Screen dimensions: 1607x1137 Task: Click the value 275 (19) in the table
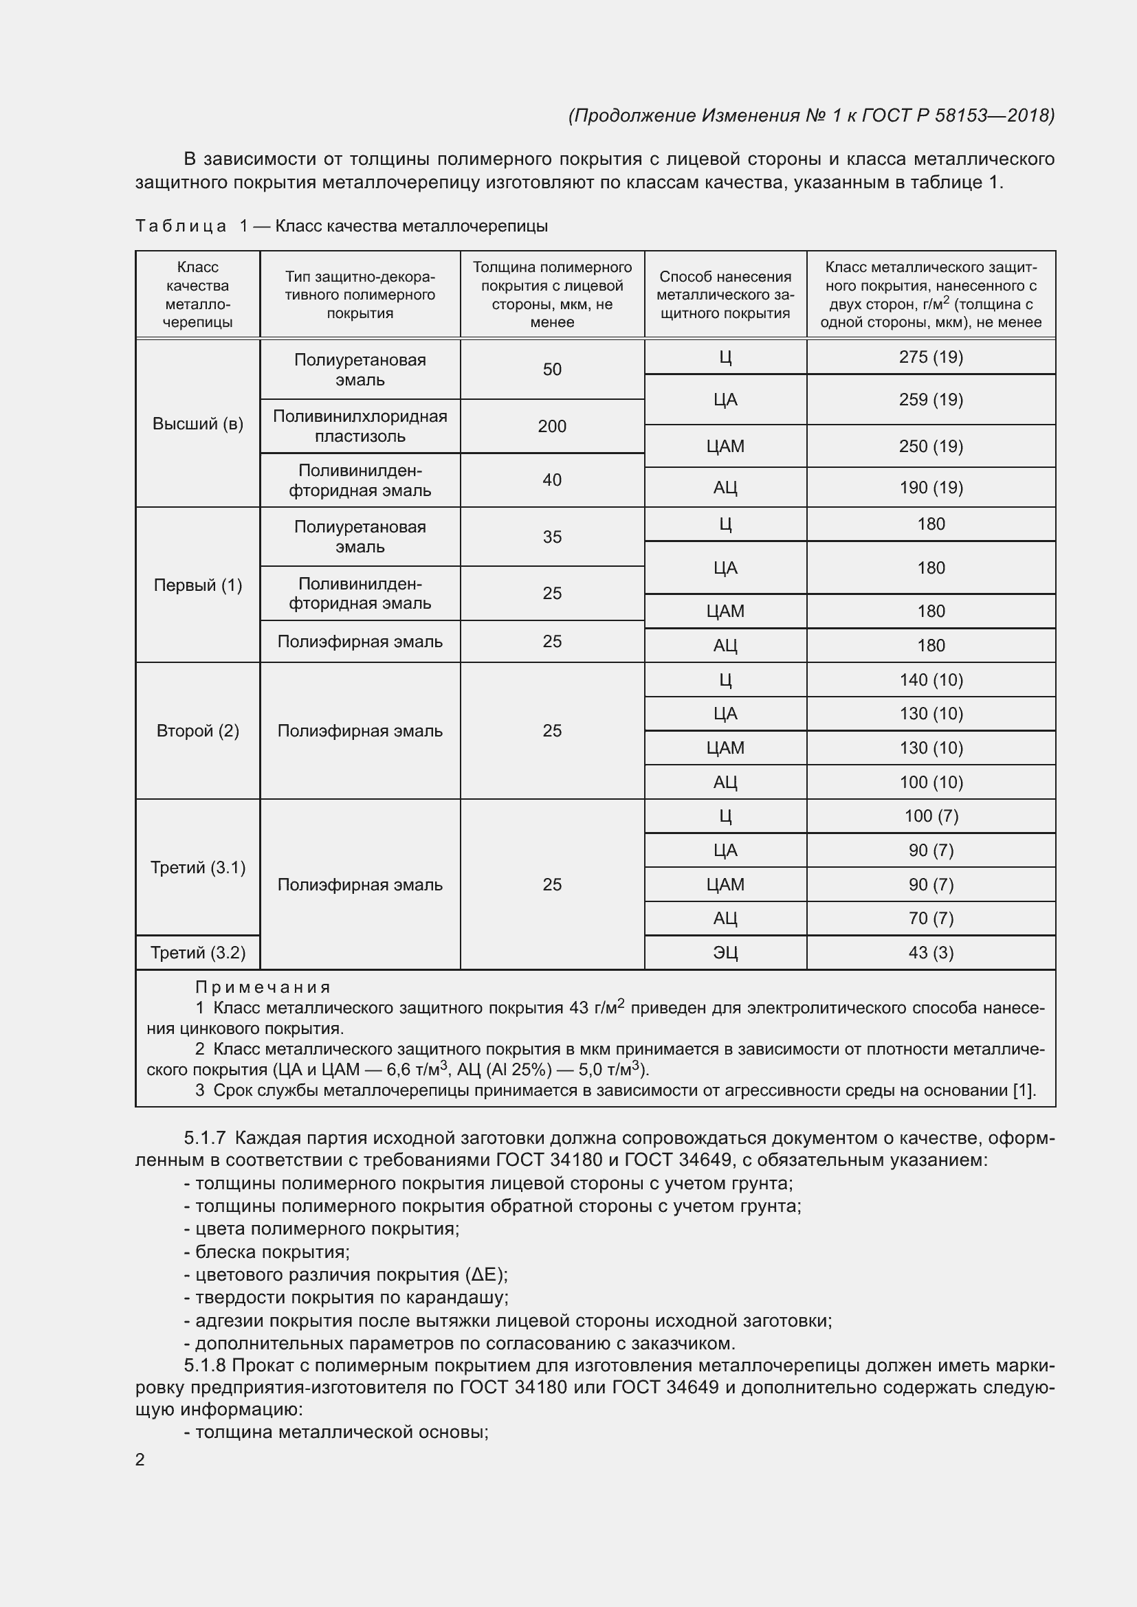[x=931, y=357]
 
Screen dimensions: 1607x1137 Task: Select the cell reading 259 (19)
[x=931, y=400]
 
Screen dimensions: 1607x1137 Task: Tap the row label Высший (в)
[x=197, y=423]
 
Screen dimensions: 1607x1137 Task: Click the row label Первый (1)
[x=197, y=585]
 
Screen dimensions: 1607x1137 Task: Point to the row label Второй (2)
[x=197, y=731]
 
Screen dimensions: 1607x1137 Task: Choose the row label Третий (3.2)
[x=197, y=952]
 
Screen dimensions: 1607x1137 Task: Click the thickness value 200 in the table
[x=552, y=426]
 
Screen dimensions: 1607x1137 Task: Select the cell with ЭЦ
[x=725, y=952]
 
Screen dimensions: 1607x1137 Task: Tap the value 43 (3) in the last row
[x=931, y=952]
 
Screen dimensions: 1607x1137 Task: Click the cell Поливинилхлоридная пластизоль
[x=360, y=426]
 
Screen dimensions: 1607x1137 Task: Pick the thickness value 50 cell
[x=552, y=370]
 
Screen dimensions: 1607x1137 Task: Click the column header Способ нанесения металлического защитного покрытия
[x=725, y=295]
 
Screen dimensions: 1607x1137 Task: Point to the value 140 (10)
[x=931, y=679]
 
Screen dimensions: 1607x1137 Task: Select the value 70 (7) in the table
[x=931, y=919]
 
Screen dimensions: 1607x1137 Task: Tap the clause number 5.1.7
[x=204, y=1138]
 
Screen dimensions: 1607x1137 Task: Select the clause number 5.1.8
[x=204, y=1366]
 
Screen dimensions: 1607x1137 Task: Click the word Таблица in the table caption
[x=181, y=226]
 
